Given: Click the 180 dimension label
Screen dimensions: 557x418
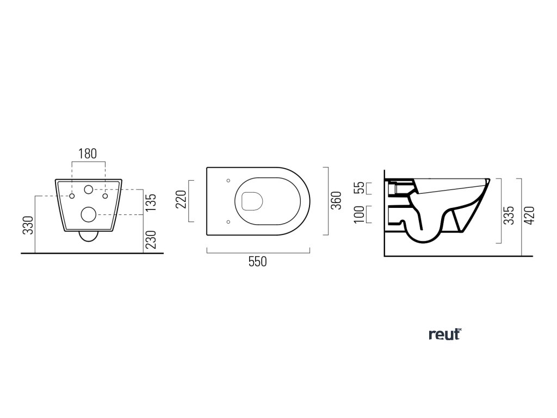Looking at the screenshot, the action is point(88,153).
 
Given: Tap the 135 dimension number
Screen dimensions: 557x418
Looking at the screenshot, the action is point(152,202).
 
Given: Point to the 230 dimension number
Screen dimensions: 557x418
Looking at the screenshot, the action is point(152,239).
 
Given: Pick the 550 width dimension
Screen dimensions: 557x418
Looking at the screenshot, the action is point(258,261).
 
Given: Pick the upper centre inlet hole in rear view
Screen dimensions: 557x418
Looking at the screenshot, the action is point(89,190).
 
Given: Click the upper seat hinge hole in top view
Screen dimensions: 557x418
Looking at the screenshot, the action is point(228,181).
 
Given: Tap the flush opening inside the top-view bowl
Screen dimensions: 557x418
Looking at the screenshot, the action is point(251,201).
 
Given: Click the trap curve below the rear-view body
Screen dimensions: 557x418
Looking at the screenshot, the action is point(88,237).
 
